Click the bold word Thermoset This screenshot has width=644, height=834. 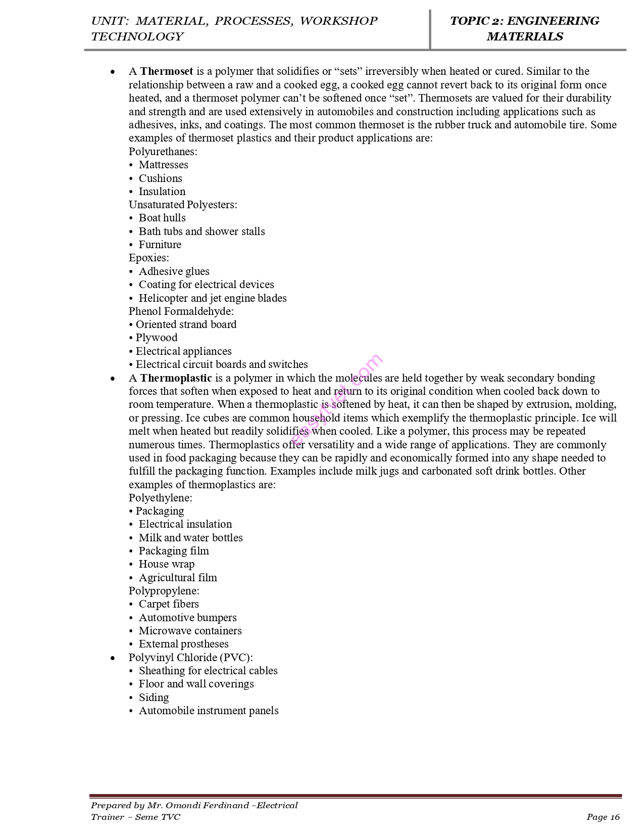click(167, 71)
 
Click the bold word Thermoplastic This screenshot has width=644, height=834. click(176, 378)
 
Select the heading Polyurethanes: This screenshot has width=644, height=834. click(163, 152)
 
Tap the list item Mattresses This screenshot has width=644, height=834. click(163, 165)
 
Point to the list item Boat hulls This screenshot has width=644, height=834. click(162, 218)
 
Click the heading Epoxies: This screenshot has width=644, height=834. click(149, 258)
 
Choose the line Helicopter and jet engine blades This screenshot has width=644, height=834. click(213, 298)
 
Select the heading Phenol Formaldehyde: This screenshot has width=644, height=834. click(181, 311)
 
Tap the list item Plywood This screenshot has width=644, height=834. click(157, 338)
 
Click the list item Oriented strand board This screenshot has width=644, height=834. click(186, 325)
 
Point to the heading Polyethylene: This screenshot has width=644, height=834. click(160, 498)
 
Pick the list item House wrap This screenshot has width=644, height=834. click(167, 564)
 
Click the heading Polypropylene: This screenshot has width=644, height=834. click(164, 591)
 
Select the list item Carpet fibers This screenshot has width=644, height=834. click(169, 604)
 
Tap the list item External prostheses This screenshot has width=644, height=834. click(183, 644)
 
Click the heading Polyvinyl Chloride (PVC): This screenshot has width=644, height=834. click(190, 658)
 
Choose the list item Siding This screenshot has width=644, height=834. click(154, 698)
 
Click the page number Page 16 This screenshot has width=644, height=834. click(603, 817)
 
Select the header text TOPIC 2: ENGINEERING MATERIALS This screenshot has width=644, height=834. click(524, 29)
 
